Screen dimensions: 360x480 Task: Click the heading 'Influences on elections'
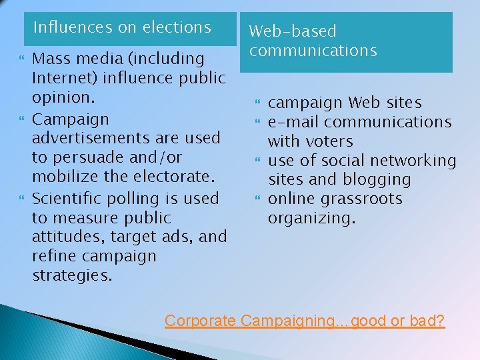click(x=122, y=27)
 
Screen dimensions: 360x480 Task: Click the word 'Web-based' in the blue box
click(x=293, y=31)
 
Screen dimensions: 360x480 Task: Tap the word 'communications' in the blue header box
click(x=313, y=51)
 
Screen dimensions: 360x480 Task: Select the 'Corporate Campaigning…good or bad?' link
click(x=305, y=321)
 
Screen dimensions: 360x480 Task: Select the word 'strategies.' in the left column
click(x=72, y=275)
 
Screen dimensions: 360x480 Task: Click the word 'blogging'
click(x=378, y=179)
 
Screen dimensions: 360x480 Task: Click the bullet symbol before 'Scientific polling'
click(x=21, y=199)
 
